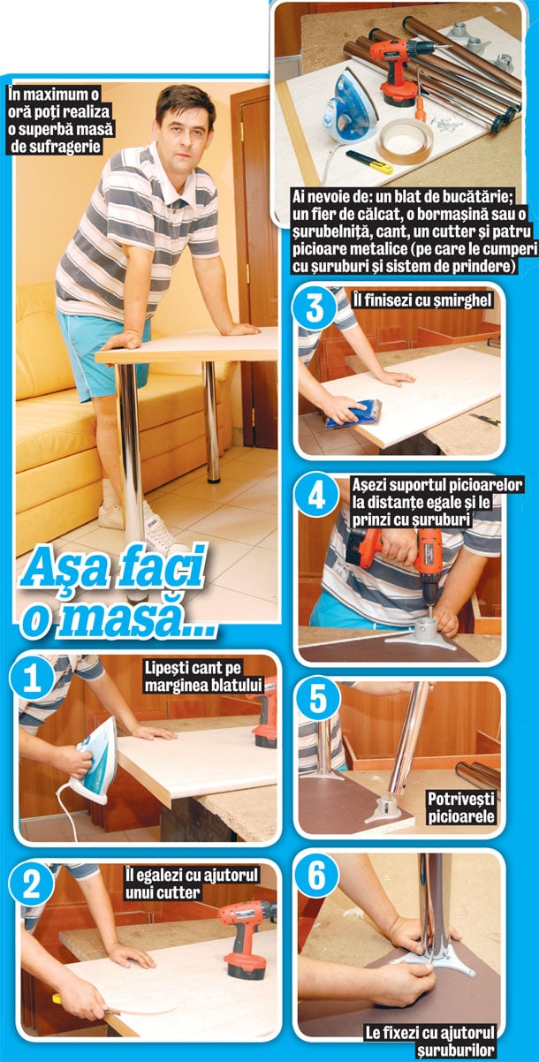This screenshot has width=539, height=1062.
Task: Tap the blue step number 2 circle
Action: (32, 884)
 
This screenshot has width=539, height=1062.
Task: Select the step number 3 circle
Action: (314, 308)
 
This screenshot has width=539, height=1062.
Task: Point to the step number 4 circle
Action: (315, 497)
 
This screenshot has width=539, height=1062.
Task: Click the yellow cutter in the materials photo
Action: (368, 162)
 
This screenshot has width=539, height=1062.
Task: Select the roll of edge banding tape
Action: (406, 141)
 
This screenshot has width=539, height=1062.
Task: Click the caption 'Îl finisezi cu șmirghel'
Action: (421, 300)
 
